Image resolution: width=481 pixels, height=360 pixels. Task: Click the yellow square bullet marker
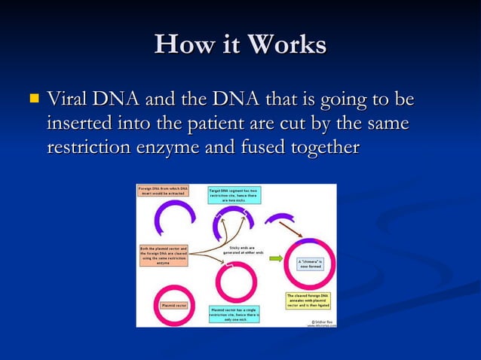(32, 99)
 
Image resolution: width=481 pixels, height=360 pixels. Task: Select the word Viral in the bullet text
(68, 99)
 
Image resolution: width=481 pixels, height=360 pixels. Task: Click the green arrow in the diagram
(276, 258)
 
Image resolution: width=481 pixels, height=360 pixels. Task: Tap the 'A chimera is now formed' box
(313, 264)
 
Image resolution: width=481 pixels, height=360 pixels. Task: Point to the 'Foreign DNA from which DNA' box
(163, 191)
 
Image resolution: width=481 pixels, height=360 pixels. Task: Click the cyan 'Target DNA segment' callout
(234, 195)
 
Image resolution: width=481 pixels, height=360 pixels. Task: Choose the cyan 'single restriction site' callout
(234, 313)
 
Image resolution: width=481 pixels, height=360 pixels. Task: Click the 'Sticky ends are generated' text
(244, 250)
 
